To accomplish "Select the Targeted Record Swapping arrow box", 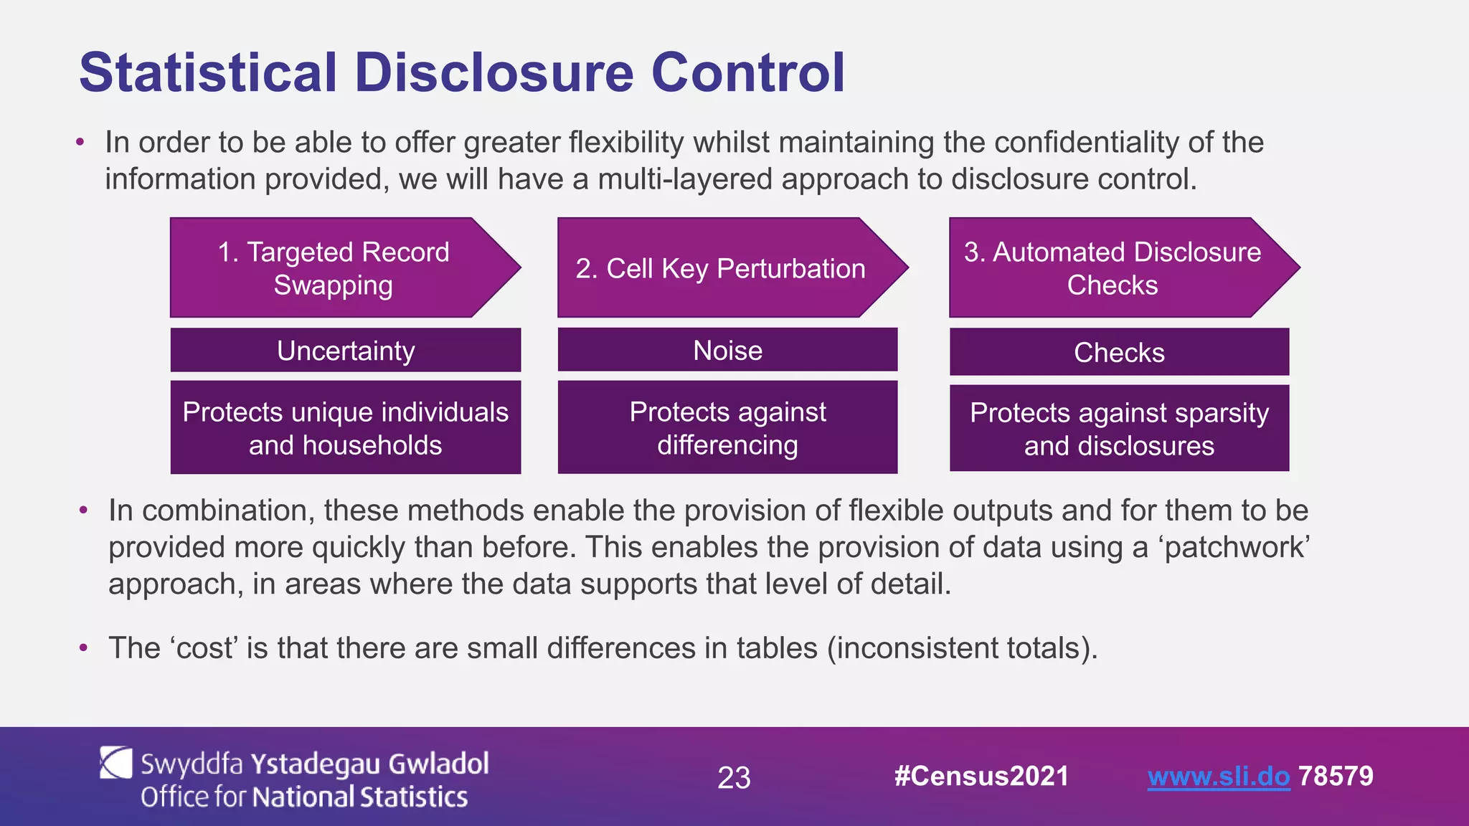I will tap(334, 268).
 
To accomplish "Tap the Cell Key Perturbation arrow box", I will tap(720, 268).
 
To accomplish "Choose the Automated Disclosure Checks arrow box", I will tap(1112, 268).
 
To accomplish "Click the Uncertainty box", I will tap(346, 351).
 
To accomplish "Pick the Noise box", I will tap(727, 351).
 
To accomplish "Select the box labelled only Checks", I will tap(1119, 352).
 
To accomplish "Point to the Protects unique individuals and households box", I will tap(346, 428).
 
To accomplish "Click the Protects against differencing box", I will tap(727, 428).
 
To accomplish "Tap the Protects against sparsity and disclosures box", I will tap(1119, 429).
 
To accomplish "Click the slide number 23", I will tap(734, 778).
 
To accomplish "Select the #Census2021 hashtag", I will tap(981, 777).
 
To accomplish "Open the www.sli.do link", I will tap(1218, 777).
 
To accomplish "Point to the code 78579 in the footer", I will tap(1336, 777).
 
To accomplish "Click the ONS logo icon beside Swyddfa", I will tap(115, 763).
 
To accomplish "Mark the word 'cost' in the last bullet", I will tap(204, 648).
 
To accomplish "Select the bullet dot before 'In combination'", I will tap(84, 511).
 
